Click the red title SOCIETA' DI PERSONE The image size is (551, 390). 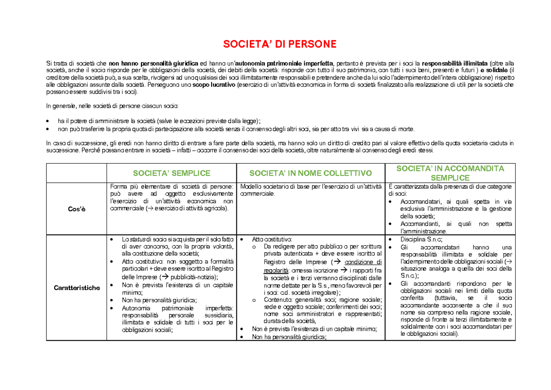click(279, 44)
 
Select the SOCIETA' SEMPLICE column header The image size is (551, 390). click(171, 173)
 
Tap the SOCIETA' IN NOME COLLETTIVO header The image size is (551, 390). click(310, 173)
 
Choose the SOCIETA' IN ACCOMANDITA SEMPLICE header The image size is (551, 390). click(450, 173)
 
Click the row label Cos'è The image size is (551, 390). click(76, 209)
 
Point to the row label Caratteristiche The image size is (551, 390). click(76, 288)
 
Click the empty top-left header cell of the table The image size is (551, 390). click(76, 173)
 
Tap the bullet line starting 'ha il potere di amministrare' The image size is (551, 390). click(159, 121)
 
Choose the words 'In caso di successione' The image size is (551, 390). click(76, 143)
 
